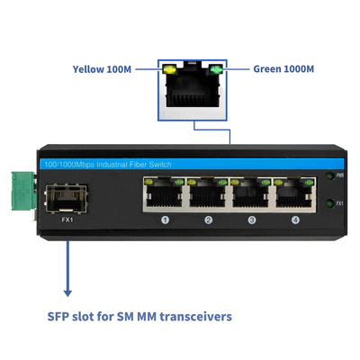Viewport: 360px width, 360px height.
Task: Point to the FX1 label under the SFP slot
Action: pyautogui.click(x=66, y=219)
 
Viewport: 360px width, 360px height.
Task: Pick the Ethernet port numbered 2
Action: pyautogui.click(x=208, y=192)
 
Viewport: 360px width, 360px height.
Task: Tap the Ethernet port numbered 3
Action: pyautogui.click(x=251, y=192)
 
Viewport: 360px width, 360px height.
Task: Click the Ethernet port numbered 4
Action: pyautogui.click(x=294, y=192)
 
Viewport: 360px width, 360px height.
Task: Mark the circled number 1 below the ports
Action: pyautogui.click(x=165, y=220)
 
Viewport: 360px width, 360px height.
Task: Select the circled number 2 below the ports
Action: pyautogui.click(x=208, y=220)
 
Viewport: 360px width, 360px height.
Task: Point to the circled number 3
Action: pyautogui.click(x=251, y=220)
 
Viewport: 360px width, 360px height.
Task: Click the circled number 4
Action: pyautogui.click(x=294, y=220)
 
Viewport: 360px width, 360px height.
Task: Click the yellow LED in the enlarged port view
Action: pyautogui.click(x=168, y=68)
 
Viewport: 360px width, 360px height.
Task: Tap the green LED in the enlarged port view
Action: pyautogui.click(x=214, y=68)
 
